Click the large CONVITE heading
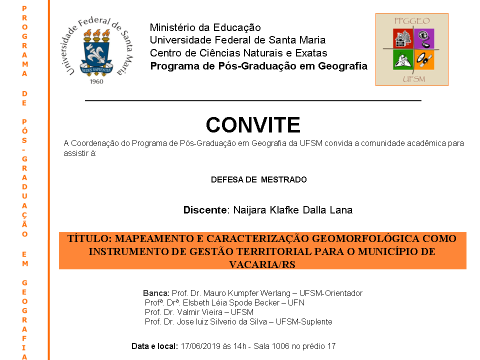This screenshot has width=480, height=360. click(x=253, y=124)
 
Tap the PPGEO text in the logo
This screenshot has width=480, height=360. click(x=412, y=21)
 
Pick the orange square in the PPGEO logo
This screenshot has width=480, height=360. click(x=424, y=59)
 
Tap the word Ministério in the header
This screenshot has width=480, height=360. click(x=171, y=27)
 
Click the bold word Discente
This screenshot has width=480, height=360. click(x=205, y=210)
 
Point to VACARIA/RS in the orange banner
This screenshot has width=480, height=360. click(x=262, y=264)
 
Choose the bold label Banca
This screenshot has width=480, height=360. click(x=156, y=293)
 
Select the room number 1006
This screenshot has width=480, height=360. click(x=285, y=346)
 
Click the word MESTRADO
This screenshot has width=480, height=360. click(x=284, y=179)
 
